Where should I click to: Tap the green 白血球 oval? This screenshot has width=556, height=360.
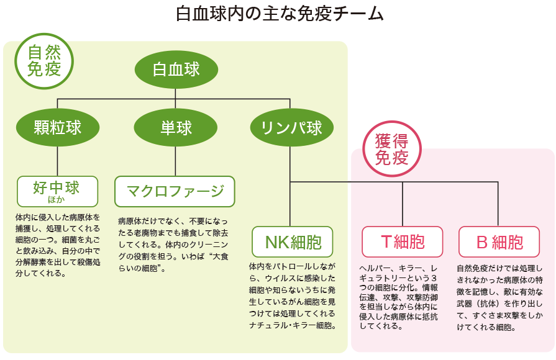click(x=176, y=69)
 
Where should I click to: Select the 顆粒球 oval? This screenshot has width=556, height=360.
click(x=58, y=127)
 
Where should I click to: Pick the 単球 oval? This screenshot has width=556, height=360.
click(x=176, y=127)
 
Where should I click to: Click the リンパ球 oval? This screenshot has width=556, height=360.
click(x=291, y=127)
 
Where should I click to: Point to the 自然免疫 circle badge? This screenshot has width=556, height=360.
click(x=44, y=61)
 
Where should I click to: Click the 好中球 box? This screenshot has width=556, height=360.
click(x=57, y=189)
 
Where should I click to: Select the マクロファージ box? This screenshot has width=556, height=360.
click(x=175, y=191)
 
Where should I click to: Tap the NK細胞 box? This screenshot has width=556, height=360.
click(x=291, y=241)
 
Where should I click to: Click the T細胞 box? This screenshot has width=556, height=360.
click(x=403, y=241)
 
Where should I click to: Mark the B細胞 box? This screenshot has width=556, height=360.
click(x=499, y=241)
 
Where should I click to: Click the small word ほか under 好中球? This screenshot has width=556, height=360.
click(x=57, y=199)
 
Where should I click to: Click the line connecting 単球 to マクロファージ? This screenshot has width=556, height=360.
click(x=175, y=161)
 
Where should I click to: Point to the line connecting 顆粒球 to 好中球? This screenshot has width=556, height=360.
click(x=58, y=161)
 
